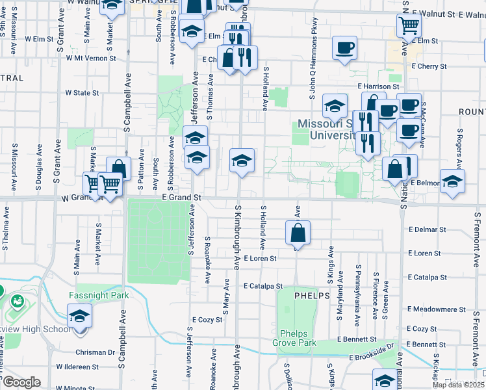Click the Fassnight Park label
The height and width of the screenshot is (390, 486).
click(99, 295)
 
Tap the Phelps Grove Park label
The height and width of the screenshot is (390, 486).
click(298, 338)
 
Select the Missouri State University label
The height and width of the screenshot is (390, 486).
click(329, 129)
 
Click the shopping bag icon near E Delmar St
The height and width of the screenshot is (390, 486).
click(298, 232)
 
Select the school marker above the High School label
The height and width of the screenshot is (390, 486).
click(80, 317)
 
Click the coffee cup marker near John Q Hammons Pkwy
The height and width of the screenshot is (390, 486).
click(344, 47)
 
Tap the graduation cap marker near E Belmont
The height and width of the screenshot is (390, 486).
click(452, 181)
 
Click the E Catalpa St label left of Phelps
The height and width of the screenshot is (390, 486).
click(263, 286)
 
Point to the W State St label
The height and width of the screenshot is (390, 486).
click(82, 93)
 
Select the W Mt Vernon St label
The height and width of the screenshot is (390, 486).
click(90, 58)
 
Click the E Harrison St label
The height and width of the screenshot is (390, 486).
click(377, 86)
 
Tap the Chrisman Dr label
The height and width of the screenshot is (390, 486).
click(94, 353)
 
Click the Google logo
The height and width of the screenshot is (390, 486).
click(21, 382)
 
